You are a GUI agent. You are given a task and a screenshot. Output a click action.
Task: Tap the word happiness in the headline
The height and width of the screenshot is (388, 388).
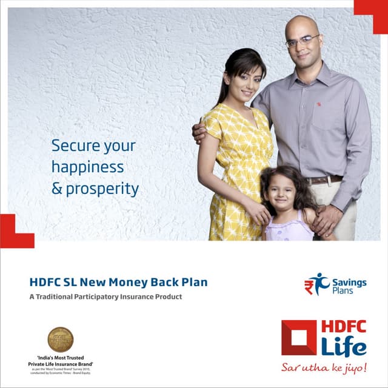pos(87,167)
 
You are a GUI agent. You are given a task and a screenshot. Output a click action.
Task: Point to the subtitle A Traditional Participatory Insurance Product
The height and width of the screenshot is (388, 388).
pos(105,297)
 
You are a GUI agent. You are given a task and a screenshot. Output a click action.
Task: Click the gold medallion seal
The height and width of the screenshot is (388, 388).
pos(60,339)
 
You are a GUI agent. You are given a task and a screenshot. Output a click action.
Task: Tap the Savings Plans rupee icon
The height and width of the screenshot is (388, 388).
pos(316,284)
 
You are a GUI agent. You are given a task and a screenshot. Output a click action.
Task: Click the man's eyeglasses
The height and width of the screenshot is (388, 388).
pos(303,41)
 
